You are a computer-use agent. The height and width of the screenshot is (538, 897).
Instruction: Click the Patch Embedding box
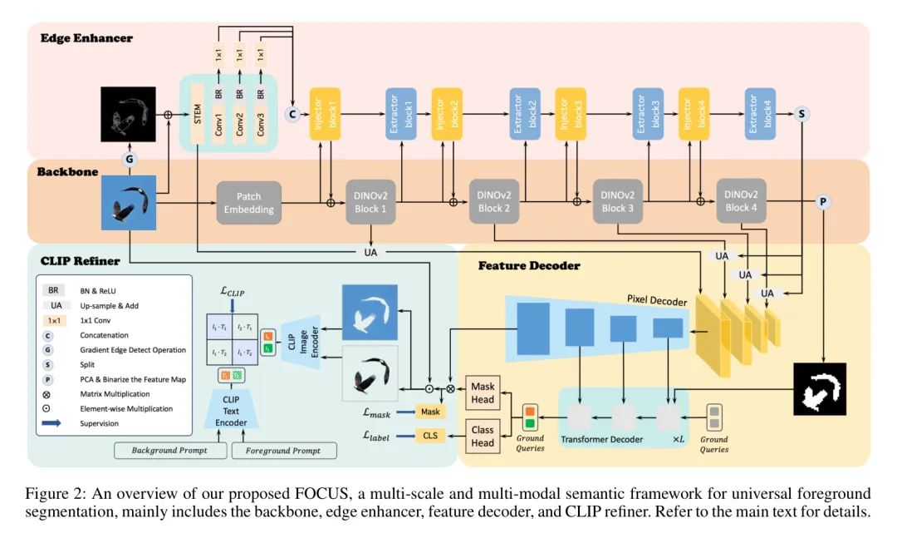(x=248, y=203)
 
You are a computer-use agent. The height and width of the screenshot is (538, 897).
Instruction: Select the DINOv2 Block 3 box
(x=618, y=201)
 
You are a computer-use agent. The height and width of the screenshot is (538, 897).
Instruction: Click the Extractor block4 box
(x=760, y=112)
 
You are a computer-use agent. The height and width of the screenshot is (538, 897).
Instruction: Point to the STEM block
(x=198, y=112)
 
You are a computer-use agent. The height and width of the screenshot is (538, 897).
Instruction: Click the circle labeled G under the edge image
(x=129, y=158)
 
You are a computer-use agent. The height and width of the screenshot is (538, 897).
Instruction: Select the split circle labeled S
(x=802, y=114)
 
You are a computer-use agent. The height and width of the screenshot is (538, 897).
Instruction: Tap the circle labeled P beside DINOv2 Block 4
(x=824, y=202)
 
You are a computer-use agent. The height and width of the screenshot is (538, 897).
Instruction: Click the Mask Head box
(x=483, y=392)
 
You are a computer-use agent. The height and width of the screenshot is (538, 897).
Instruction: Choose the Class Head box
(x=483, y=436)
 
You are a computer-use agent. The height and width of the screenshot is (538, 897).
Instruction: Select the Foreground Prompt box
(x=284, y=451)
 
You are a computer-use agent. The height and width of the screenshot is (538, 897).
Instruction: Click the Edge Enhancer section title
(x=86, y=38)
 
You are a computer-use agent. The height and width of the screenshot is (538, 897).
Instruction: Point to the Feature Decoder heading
(x=528, y=266)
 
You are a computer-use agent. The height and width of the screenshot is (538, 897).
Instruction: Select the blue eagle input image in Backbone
(x=129, y=203)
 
